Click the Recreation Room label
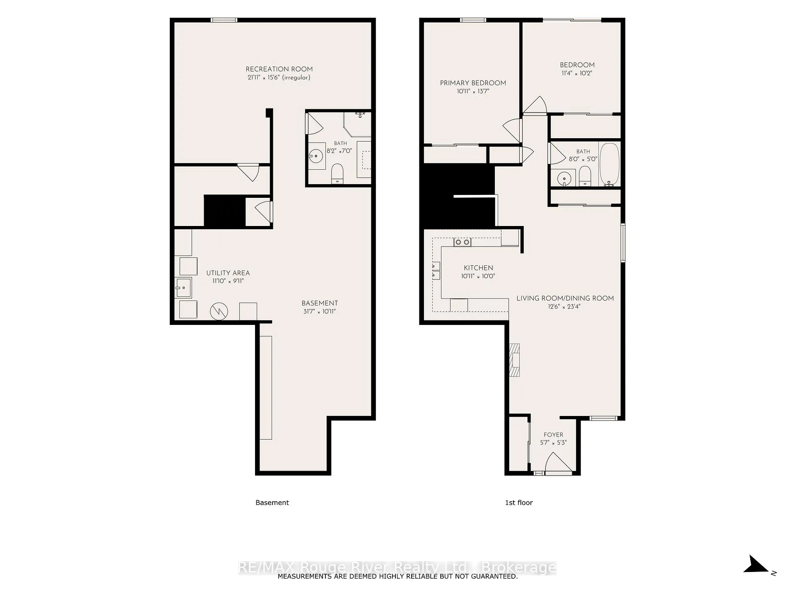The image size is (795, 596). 279,69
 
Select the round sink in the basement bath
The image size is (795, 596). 316,156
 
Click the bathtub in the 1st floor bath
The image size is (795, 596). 609,164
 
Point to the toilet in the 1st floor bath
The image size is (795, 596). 585,176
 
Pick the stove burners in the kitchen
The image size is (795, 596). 462,242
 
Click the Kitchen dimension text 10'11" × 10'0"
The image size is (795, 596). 478,276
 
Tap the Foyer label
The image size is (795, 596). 554,435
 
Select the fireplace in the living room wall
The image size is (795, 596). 514,360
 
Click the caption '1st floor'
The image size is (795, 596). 519,502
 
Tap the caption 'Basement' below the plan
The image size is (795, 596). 272,502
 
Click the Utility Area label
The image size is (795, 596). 228,273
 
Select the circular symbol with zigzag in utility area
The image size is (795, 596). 219,311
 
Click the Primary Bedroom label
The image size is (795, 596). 473,83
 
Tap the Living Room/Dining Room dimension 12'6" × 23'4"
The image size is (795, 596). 564,307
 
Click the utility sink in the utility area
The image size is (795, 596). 183,287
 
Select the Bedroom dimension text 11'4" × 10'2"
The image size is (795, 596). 577,73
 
